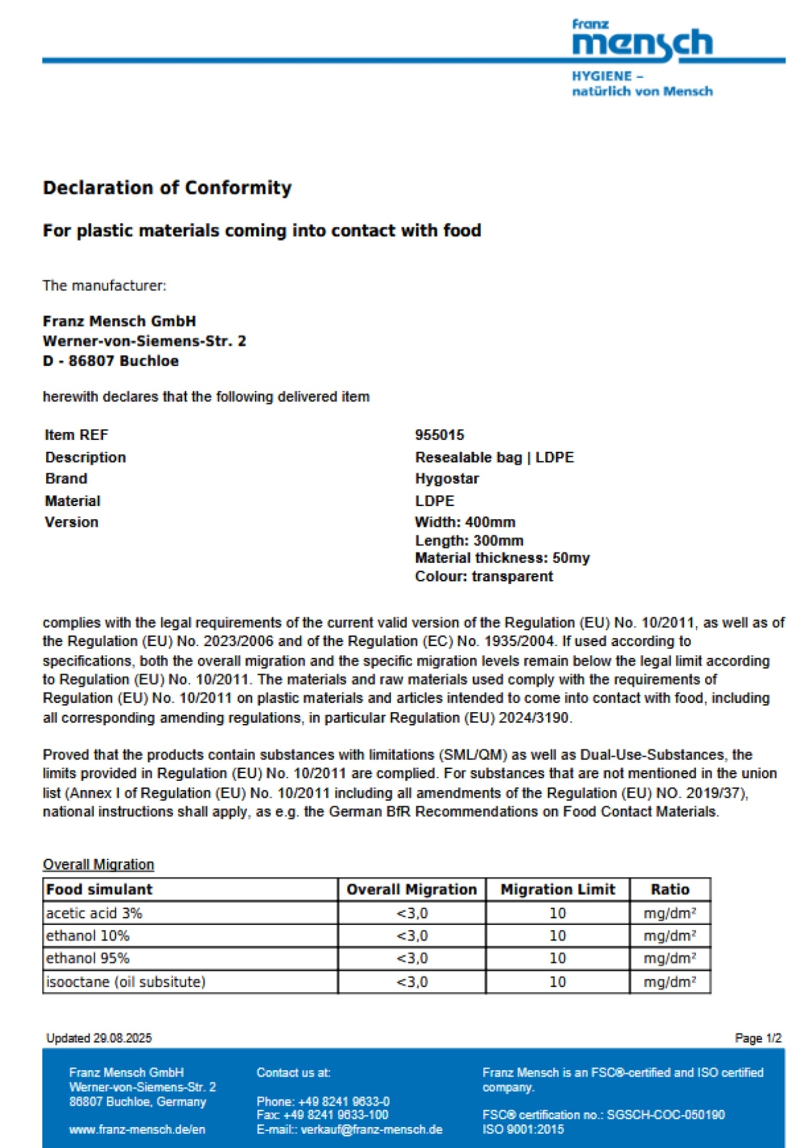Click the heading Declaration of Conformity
click(167, 188)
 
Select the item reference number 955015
click(439, 435)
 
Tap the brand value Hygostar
click(447, 479)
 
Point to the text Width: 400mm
click(465, 522)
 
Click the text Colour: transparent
click(484, 576)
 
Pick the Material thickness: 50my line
click(502, 558)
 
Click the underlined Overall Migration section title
click(98, 864)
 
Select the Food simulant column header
click(99, 889)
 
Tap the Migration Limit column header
click(557, 889)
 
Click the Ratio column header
click(670, 889)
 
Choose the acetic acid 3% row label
click(94, 913)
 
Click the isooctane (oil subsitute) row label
click(126, 982)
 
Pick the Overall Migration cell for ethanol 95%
click(412, 959)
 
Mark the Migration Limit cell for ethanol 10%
click(557, 936)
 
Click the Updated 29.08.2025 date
click(99, 1038)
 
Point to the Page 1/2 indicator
click(758, 1038)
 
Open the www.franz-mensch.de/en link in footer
click(137, 1130)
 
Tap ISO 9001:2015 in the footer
click(523, 1130)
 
